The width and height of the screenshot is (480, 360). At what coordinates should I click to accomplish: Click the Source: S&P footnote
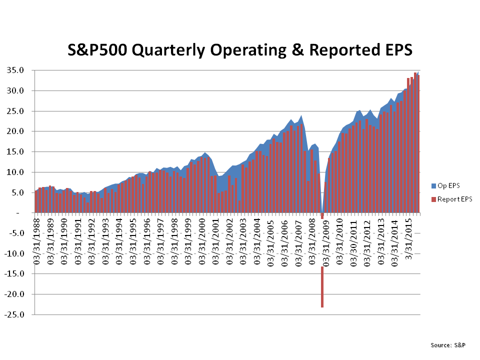[x=448, y=345]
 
